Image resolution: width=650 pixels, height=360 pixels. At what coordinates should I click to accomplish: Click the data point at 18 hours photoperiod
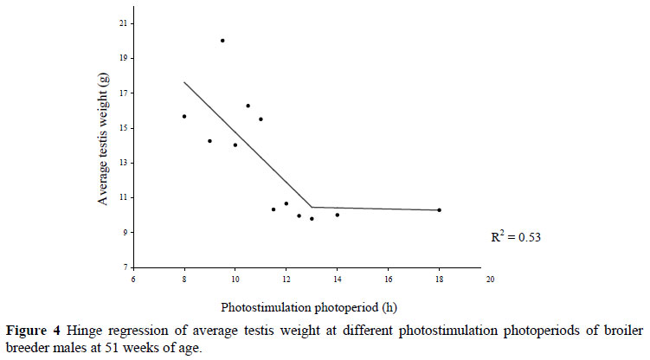(440, 210)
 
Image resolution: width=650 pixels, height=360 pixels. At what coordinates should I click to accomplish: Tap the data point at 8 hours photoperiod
(184, 116)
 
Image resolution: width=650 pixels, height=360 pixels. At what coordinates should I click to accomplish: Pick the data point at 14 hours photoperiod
(338, 215)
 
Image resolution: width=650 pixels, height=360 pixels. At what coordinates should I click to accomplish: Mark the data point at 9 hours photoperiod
(209, 141)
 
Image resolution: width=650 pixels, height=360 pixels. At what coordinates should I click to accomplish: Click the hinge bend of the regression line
(312, 207)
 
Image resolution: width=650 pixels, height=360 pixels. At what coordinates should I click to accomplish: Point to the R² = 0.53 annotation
(516, 235)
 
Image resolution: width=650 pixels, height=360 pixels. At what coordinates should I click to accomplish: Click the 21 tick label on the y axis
(123, 22)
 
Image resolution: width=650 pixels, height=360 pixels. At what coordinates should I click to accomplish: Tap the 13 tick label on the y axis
(123, 163)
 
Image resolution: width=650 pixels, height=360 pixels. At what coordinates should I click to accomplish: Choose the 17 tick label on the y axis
(123, 93)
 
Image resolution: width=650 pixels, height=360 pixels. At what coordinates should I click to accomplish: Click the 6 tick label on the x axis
(133, 280)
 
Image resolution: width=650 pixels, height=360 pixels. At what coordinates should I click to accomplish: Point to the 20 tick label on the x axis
(490, 280)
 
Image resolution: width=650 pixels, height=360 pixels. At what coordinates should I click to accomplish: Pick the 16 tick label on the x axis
(388, 280)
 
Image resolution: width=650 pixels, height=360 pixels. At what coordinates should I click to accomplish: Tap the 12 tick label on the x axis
(286, 280)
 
